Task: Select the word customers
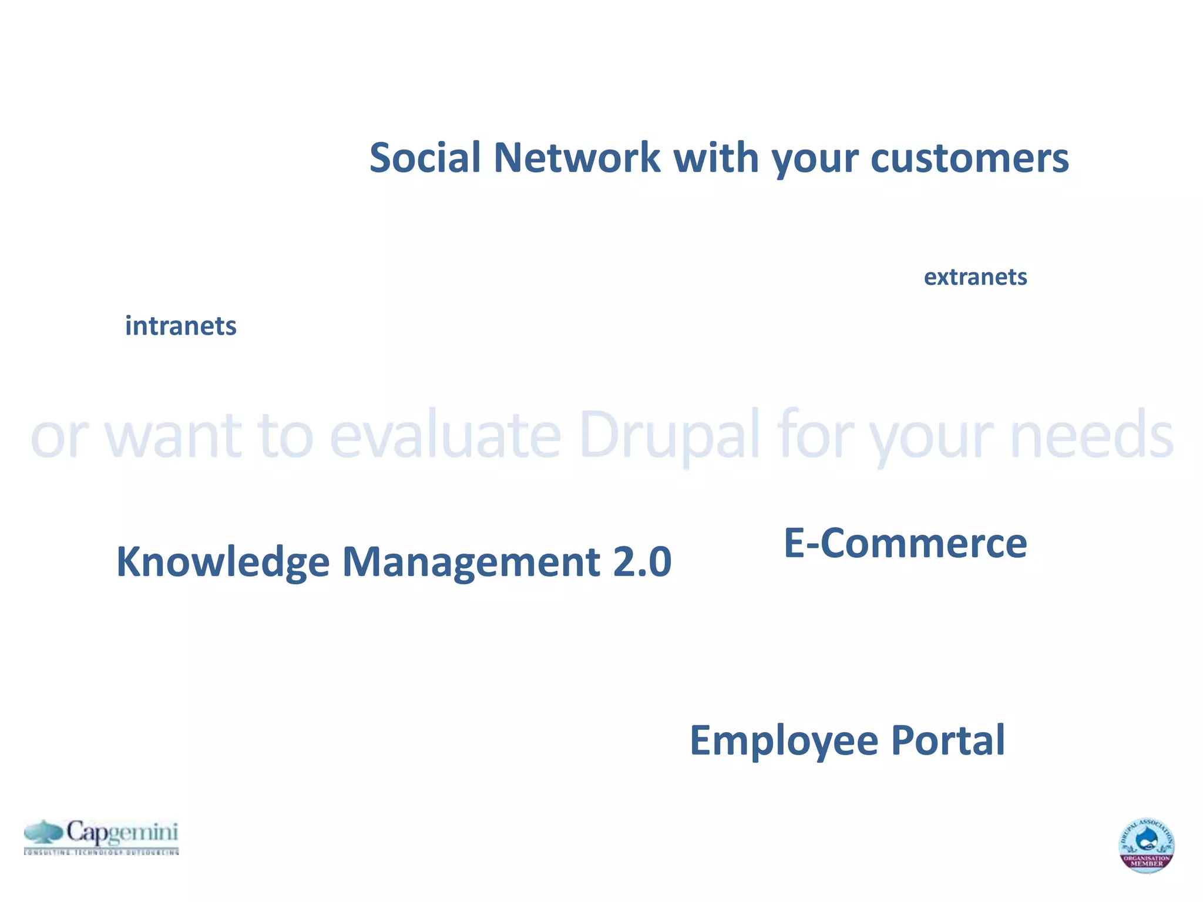(969, 159)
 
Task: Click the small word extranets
(975, 277)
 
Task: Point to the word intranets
(180, 326)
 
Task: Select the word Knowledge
(223, 562)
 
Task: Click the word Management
(471, 562)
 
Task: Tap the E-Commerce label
(905, 543)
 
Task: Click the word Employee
(784, 741)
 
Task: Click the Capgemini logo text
(122, 832)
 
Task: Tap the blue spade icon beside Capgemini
(43, 832)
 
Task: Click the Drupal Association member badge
(1146, 845)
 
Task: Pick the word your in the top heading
(815, 159)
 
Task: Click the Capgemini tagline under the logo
(101, 851)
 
